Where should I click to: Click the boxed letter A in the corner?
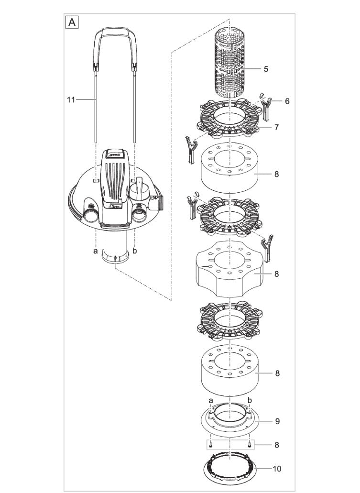point(72,22)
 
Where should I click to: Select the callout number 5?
point(266,69)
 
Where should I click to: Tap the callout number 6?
point(287,101)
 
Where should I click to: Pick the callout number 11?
point(71,99)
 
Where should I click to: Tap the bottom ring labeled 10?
point(230,471)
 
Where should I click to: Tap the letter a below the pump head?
point(96,250)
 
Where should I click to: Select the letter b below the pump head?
point(135,250)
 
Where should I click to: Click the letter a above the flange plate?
point(211,399)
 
